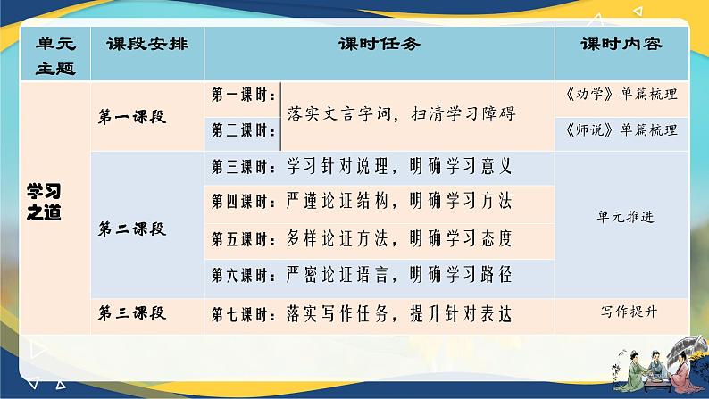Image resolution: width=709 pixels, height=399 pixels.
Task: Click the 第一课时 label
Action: [x=243, y=95]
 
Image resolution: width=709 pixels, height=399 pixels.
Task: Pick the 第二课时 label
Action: [x=243, y=130]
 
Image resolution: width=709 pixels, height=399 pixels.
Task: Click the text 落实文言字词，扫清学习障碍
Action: [x=403, y=113]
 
